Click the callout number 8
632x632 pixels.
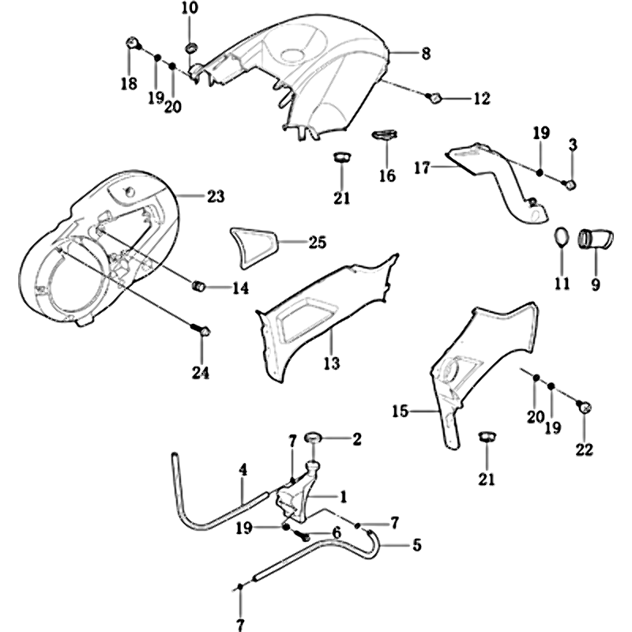pos(426,54)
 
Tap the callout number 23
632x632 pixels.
pos(215,196)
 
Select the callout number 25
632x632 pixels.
pos(317,243)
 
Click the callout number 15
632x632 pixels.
pos(401,411)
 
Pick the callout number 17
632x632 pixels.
pos(422,167)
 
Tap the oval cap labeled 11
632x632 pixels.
pos(560,236)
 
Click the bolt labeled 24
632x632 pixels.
pos(203,333)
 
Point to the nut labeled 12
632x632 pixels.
pos(434,98)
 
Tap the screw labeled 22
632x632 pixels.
pos(585,407)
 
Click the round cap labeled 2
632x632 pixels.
pos(313,437)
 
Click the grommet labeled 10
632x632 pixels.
pos(191,51)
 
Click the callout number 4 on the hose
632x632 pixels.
pos(243,468)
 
